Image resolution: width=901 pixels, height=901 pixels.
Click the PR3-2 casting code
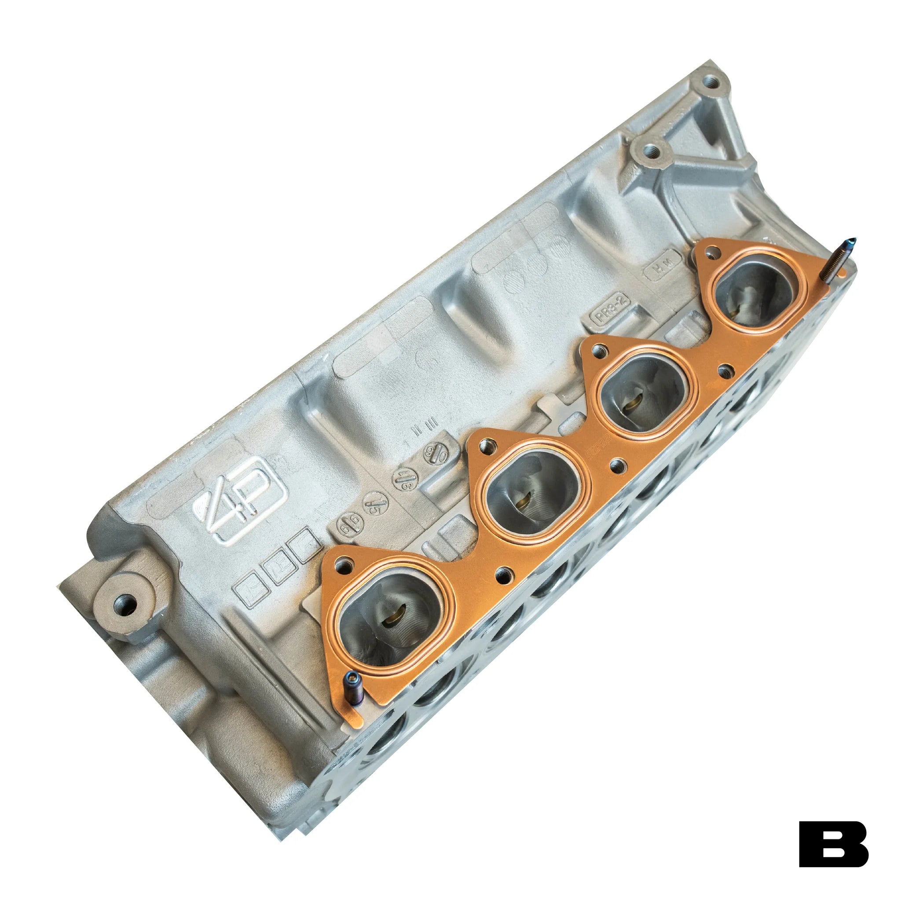[610, 311]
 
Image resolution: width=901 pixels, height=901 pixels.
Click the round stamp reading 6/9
[349, 530]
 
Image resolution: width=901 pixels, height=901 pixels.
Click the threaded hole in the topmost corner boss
[711, 84]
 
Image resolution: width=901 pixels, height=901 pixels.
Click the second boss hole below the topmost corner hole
[652, 150]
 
